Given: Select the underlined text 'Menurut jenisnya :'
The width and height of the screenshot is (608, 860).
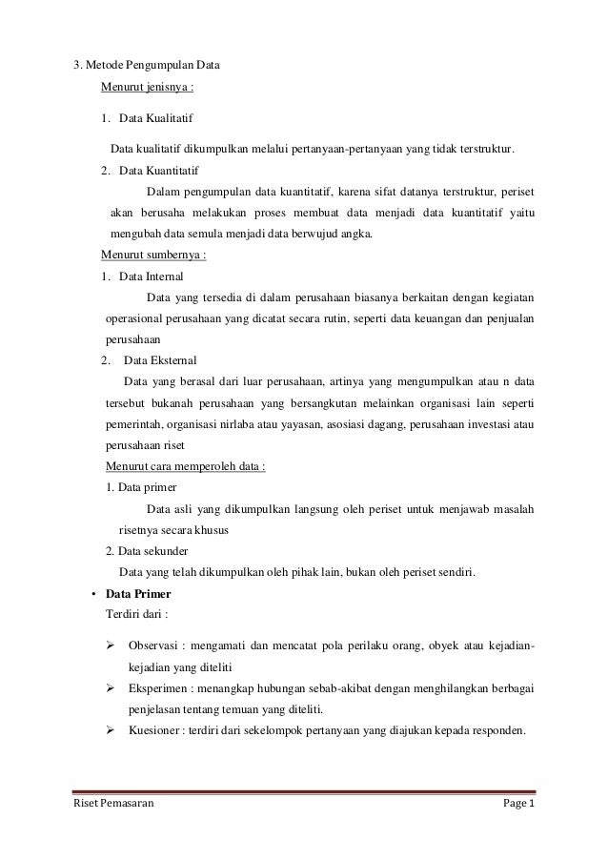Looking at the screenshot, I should (x=148, y=91).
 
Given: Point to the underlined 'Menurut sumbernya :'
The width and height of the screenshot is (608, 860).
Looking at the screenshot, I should (x=154, y=256).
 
